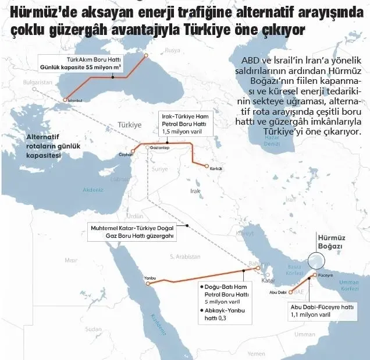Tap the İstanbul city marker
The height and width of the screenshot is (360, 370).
65,100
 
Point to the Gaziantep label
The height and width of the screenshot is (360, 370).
159,148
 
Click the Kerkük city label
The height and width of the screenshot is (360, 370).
215,168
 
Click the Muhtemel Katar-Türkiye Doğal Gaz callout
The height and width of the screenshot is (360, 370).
133,232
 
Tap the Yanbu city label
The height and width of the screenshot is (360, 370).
150,278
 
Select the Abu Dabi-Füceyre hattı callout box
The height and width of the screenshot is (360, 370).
322,310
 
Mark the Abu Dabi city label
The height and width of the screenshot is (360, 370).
278,292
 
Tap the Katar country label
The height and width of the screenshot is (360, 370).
268,280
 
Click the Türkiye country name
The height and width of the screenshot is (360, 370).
129,125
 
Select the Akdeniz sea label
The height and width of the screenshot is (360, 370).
93,190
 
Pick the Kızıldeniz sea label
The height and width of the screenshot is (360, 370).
158,326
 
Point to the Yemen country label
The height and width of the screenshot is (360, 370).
256,353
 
